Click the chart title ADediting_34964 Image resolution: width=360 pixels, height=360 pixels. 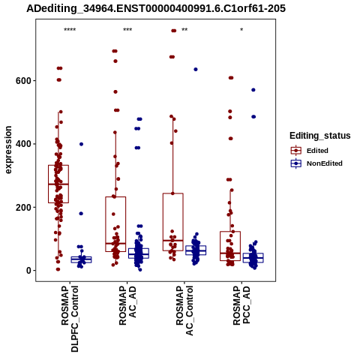(156, 9)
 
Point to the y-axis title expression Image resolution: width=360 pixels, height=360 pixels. (8, 150)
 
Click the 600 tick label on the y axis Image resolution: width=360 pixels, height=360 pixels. (23, 81)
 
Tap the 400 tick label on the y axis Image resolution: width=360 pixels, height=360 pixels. (23, 144)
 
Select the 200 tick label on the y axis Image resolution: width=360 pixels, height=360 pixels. (23, 207)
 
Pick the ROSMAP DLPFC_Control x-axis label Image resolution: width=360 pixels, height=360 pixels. (70, 319)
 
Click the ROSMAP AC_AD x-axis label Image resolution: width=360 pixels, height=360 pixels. (127, 305)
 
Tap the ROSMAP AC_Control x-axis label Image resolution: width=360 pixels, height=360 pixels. (184, 310)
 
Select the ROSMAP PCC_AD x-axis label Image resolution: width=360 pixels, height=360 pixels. (241, 305)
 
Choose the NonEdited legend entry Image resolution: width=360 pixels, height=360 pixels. (316, 163)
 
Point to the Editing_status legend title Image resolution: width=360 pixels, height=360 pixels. (320, 136)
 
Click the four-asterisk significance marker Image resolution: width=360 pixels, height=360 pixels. (70, 30)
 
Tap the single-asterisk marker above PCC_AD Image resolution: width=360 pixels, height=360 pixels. (241, 29)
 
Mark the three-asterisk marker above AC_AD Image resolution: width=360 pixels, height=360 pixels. (127, 30)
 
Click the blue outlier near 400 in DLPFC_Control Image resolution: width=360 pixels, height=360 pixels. (81, 144)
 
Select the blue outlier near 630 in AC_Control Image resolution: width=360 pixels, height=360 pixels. (196, 70)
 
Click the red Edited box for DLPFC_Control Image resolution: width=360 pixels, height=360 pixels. (58, 165)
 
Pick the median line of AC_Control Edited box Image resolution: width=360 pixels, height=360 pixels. (173, 241)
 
